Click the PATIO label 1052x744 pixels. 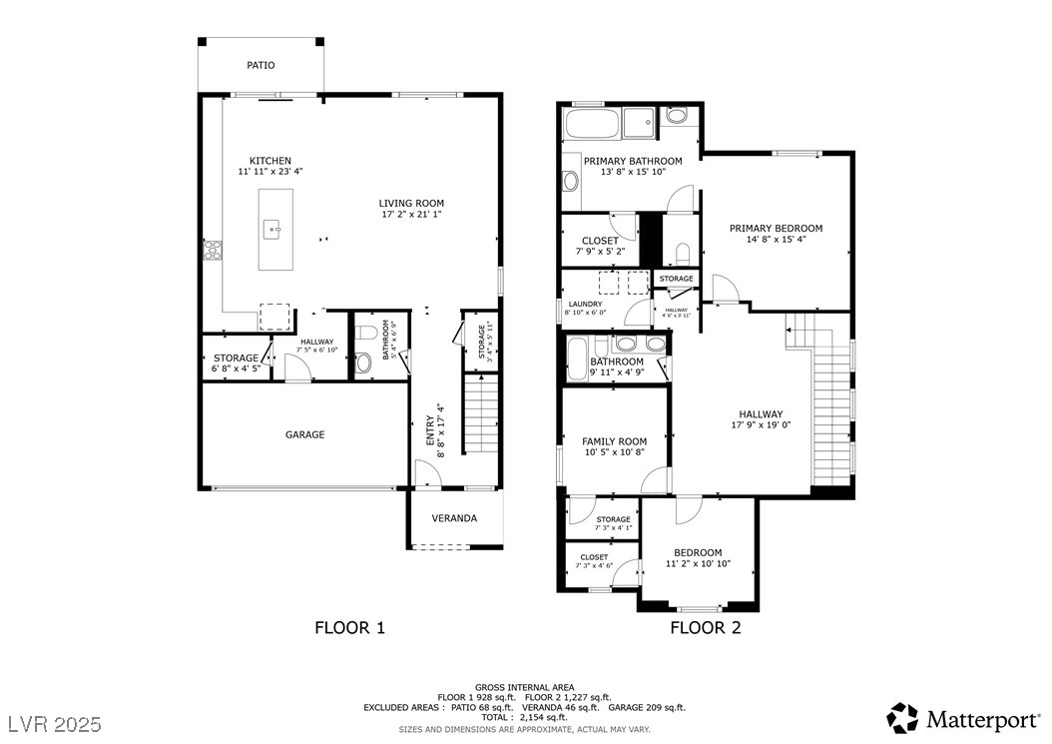point(261,66)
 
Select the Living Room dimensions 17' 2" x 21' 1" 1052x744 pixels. point(411,214)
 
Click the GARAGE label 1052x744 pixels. point(304,435)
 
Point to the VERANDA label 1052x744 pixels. point(454,518)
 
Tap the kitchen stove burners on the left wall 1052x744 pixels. point(212,249)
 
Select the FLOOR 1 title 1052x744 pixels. point(349,628)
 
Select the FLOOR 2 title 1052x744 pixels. point(705,628)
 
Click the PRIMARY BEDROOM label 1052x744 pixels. point(776,229)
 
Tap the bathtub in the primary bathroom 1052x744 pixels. point(593,126)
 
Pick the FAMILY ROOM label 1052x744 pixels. point(614,441)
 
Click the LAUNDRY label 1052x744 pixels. point(585,304)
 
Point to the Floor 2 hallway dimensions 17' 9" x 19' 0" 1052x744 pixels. point(761,425)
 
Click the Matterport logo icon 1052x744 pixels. point(902,717)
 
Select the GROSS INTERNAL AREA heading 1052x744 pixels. point(524,687)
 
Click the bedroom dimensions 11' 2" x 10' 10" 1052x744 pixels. point(697,564)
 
